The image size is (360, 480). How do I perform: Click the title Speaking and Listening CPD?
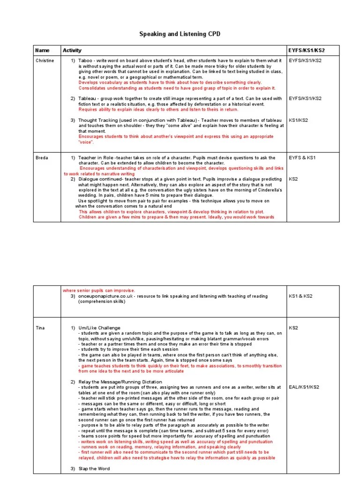click(x=180, y=34)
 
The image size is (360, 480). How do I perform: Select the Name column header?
click(x=42, y=50)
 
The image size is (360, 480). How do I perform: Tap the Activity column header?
click(x=72, y=50)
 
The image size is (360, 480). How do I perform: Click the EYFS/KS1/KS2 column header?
click(x=305, y=50)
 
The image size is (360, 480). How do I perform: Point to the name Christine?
click(x=45, y=60)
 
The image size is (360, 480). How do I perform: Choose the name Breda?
click(x=41, y=158)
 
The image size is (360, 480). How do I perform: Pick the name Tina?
click(x=40, y=328)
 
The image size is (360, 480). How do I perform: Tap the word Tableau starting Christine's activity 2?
click(x=87, y=98)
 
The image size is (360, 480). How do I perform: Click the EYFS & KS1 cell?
click(x=302, y=158)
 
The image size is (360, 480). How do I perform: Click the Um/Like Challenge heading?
click(x=99, y=328)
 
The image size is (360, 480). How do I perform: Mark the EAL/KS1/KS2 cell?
click(x=304, y=387)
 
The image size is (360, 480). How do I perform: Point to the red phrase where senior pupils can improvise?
click(x=98, y=291)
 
